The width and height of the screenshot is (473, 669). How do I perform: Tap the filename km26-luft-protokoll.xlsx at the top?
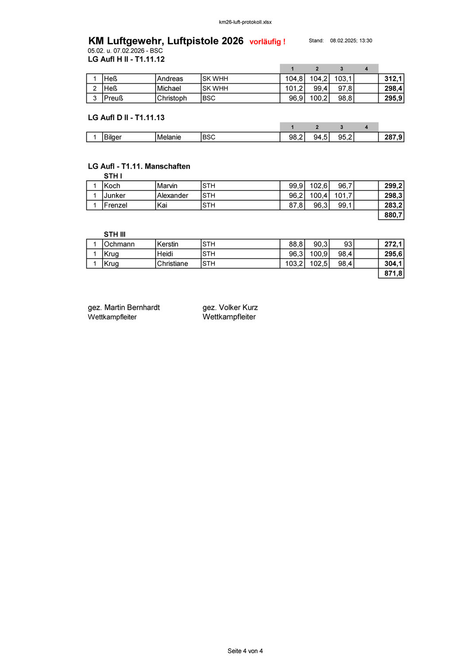click(245, 22)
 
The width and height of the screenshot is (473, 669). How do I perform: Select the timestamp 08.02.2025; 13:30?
click(351, 41)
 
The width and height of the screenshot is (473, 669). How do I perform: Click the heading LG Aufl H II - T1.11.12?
click(126, 59)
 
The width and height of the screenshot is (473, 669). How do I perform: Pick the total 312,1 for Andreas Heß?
click(393, 79)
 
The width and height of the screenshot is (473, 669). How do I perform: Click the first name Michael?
click(169, 89)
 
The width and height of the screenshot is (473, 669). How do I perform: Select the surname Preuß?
click(113, 98)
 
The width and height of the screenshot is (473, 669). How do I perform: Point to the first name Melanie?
click(169, 137)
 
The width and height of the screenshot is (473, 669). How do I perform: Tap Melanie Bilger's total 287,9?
click(393, 137)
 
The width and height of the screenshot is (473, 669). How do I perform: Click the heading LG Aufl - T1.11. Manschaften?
click(139, 167)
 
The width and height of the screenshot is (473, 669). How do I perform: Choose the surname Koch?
click(112, 186)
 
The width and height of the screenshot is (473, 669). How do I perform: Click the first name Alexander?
click(172, 196)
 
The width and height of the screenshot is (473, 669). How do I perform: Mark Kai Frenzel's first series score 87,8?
click(295, 206)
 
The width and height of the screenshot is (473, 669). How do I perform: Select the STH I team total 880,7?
click(393, 215)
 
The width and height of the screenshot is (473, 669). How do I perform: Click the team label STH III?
click(115, 234)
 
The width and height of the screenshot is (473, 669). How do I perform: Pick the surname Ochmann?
click(119, 244)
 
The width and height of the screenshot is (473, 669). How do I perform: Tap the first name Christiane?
click(172, 264)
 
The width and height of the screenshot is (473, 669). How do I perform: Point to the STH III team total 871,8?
click(393, 273)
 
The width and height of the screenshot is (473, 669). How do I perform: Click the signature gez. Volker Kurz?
click(230, 307)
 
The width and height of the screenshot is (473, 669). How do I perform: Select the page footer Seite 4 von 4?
click(245, 651)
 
